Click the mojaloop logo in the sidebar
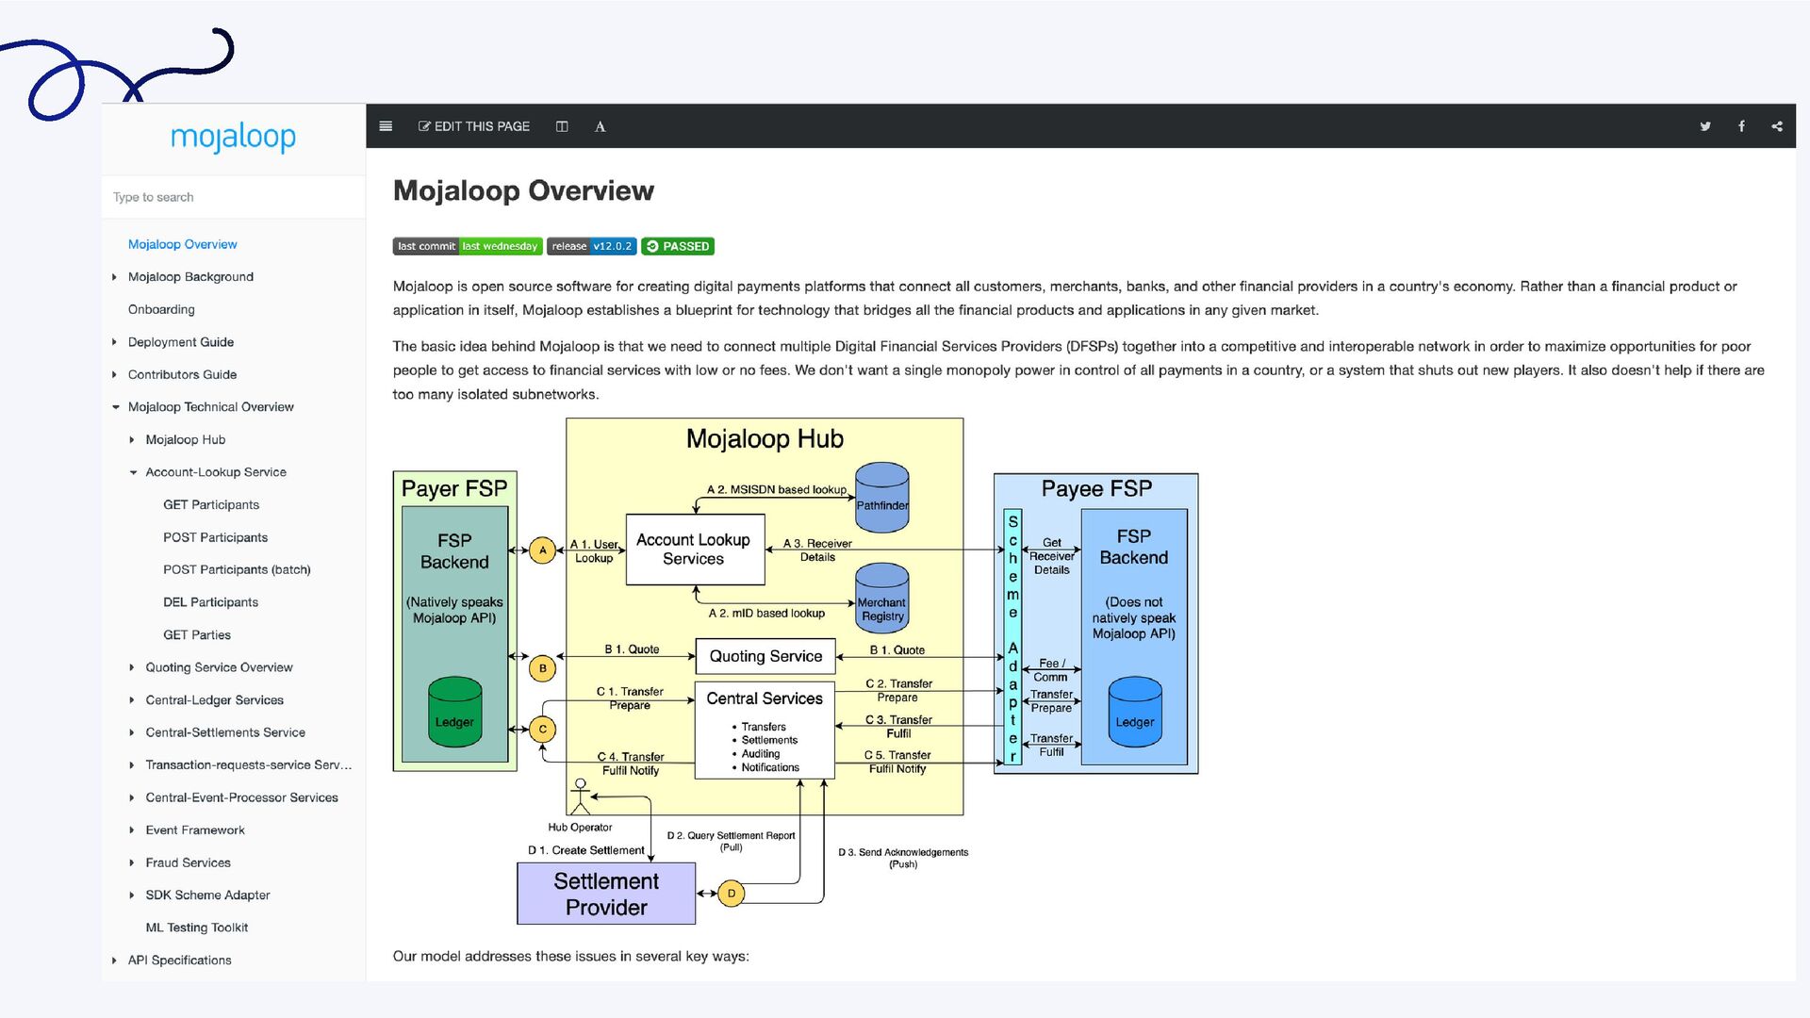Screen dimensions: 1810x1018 (233, 138)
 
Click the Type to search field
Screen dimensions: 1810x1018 (233, 197)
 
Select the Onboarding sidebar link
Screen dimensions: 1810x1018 (161, 309)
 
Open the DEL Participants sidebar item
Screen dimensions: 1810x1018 (210, 602)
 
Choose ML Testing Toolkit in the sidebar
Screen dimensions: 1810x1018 (196, 928)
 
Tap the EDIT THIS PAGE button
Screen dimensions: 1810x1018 (474, 126)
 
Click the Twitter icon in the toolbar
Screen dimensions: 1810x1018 (1705, 126)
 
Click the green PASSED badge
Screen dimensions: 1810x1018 (678, 246)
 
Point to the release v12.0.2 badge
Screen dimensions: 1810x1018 (592, 246)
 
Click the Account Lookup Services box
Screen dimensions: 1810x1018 (695, 550)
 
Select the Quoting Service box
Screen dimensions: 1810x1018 (765, 656)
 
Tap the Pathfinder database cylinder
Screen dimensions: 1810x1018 (882, 498)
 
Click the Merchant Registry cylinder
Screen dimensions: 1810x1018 (882, 599)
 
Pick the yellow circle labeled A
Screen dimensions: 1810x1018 (542, 550)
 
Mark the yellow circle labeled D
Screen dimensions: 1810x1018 (732, 894)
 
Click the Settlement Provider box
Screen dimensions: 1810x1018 (606, 894)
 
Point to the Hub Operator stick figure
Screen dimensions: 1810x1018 (580, 796)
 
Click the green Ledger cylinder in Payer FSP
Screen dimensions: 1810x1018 (454, 712)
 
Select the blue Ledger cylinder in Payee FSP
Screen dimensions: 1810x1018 (1135, 712)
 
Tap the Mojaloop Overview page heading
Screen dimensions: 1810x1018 (523, 190)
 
